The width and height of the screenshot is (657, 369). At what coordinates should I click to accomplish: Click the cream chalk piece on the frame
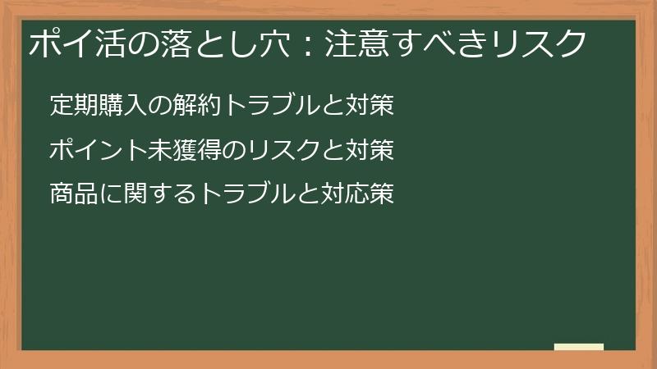[x=579, y=347]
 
